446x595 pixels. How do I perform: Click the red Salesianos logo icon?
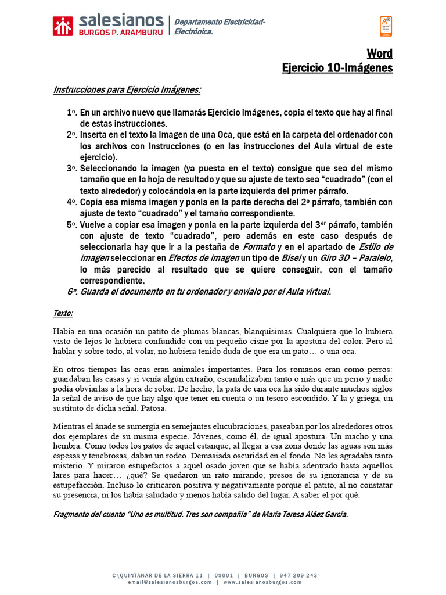coord(63,26)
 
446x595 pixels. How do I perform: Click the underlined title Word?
coord(379,53)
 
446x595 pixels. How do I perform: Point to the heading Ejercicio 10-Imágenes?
coord(337,68)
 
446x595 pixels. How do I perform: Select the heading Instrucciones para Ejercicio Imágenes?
coord(127,90)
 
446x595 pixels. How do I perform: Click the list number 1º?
coord(71,113)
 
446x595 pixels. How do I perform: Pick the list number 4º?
coord(71,202)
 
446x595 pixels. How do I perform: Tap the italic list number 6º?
coord(71,292)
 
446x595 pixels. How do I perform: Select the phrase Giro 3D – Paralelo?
coord(357,258)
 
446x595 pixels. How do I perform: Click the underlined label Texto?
coord(63,313)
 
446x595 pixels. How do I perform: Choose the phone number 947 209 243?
coord(298,559)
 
